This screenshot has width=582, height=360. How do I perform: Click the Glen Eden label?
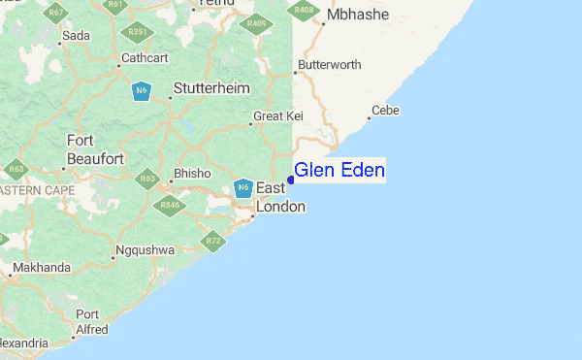point(339,171)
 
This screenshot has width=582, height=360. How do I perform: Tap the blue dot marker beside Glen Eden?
point(291,180)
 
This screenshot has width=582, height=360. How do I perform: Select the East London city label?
point(280,197)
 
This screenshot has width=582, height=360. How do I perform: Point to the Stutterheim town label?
point(210,88)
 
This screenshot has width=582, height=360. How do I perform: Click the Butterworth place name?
point(330,65)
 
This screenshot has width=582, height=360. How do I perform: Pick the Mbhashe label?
point(357,16)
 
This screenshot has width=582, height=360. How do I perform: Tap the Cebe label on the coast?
point(385,111)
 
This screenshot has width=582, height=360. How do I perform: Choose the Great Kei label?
point(278,116)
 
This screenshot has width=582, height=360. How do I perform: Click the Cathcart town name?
point(145,58)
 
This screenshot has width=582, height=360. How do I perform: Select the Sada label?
point(76,36)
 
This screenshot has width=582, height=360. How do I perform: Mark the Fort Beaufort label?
point(94,149)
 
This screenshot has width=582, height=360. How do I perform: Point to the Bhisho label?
point(191,174)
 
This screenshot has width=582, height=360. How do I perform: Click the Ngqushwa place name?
point(144,250)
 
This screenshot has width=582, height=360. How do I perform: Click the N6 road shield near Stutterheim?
point(142,91)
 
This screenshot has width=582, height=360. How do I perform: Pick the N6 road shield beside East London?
point(242,187)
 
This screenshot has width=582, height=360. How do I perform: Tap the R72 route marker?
point(213,240)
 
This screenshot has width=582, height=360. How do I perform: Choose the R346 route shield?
point(171,204)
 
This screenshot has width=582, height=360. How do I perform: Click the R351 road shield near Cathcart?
point(138,31)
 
